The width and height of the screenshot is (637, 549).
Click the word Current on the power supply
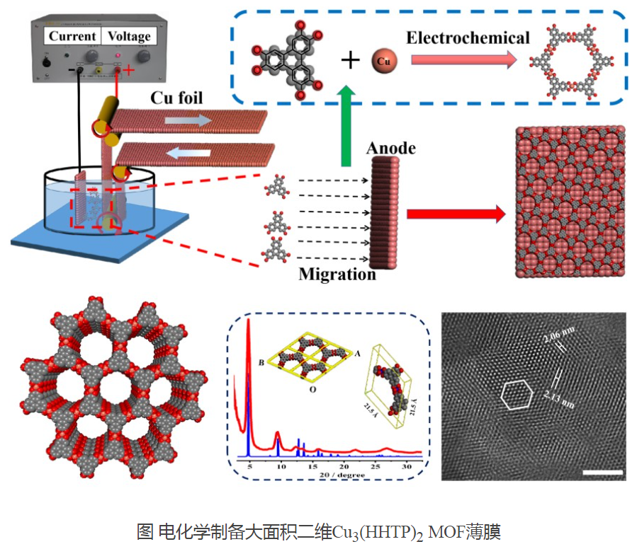coord(72,35)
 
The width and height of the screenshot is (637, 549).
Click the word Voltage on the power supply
coord(128,35)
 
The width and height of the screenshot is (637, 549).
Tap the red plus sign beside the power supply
coord(130,71)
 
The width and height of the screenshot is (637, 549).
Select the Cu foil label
coord(176,98)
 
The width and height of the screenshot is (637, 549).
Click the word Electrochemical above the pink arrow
coord(468,37)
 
